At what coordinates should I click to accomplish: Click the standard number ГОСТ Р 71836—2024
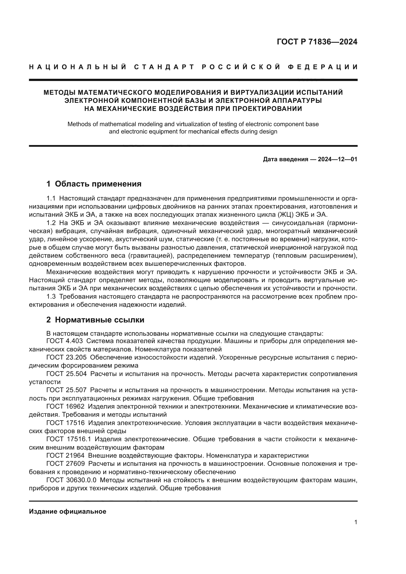click(x=317, y=42)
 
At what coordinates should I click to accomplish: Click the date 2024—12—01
click(x=338, y=159)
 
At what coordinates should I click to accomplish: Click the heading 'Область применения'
click(x=98, y=184)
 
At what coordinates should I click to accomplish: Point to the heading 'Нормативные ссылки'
click(x=99, y=320)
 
